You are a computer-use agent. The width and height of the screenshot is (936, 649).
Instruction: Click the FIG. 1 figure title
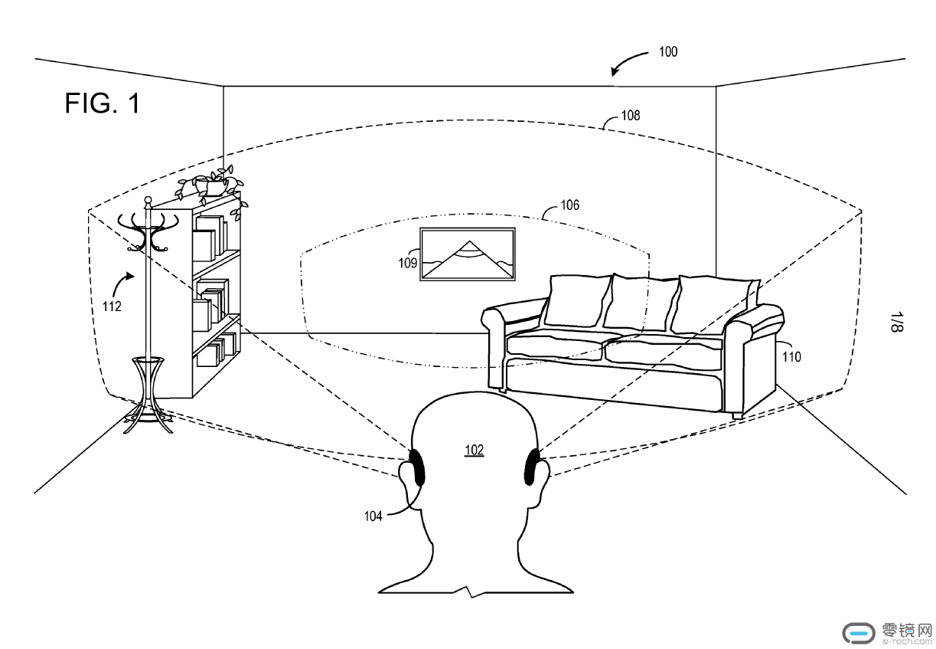point(103,103)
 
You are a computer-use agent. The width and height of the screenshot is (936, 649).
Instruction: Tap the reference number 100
point(667,52)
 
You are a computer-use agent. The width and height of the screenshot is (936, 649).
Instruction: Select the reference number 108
point(631,116)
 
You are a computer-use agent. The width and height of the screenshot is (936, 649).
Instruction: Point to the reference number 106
point(570,205)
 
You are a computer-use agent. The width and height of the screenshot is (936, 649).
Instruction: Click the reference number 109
point(407,263)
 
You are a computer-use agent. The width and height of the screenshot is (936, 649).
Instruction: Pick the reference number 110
point(791,356)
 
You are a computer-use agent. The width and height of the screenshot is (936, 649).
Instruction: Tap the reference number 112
point(111,306)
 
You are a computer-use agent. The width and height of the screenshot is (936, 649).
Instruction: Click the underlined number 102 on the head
point(475,450)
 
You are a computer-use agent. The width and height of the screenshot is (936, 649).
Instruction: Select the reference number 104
point(373,516)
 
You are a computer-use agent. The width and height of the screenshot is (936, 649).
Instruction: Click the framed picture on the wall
point(467,255)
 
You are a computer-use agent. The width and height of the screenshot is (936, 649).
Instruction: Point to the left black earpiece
point(418,467)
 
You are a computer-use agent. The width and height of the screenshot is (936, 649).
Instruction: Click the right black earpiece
point(530,467)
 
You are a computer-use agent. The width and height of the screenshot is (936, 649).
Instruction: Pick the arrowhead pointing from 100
point(615,73)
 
